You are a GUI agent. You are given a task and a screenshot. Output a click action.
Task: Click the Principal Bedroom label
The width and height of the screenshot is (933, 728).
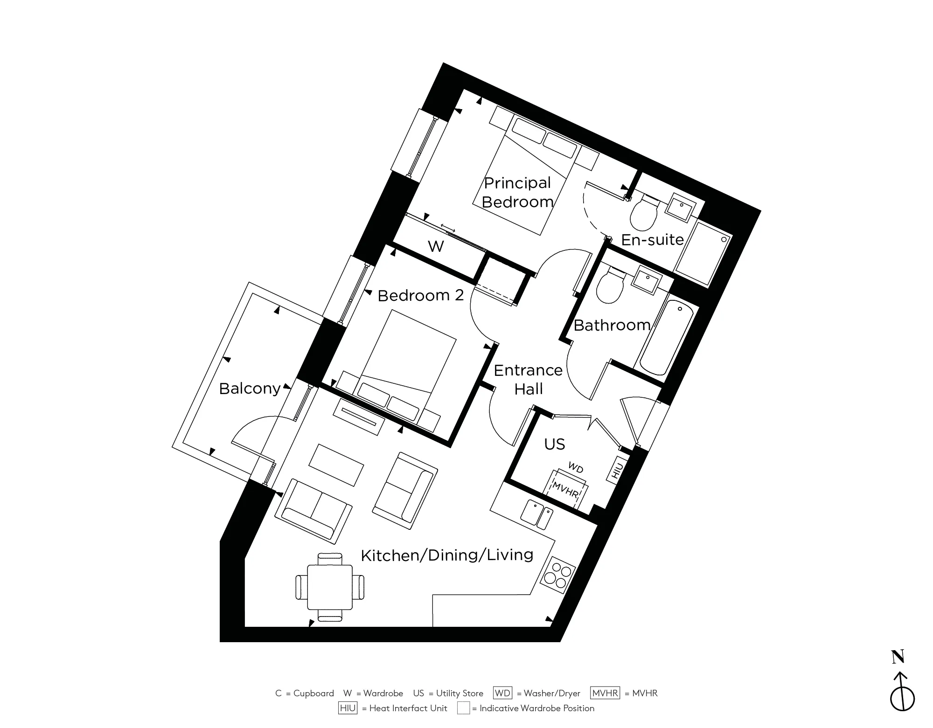click(517, 192)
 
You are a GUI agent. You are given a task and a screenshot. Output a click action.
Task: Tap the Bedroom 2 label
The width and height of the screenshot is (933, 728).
click(420, 295)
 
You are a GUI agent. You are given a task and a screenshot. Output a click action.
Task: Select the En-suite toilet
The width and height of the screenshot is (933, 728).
click(644, 214)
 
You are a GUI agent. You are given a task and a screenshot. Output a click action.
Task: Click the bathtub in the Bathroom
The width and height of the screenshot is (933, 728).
click(667, 338)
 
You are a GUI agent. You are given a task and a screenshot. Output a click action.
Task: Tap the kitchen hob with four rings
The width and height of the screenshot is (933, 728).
click(558, 575)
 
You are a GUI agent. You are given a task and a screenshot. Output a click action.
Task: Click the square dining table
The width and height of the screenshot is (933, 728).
click(329, 587)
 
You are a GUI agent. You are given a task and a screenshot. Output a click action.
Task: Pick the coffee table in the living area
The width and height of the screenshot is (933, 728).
click(336, 465)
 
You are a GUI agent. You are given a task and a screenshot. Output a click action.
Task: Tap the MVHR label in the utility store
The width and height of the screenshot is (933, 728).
click(565, 490)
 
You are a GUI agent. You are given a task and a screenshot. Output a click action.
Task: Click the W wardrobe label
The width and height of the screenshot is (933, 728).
click(435, 246)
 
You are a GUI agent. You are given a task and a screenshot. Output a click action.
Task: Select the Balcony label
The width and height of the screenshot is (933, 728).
click(250, 388)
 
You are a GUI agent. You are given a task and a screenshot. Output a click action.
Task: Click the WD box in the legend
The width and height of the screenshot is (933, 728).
click(502, 693)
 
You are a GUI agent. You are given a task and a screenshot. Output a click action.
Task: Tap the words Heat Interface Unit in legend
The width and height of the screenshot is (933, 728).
click(408, 708)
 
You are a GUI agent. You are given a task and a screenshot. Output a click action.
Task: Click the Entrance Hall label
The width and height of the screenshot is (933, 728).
click(528, 379)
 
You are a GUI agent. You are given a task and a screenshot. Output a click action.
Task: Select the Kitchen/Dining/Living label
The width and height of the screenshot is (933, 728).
click(447, 555)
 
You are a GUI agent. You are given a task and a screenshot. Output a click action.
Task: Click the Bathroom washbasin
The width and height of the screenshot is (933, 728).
click(646, 282)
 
